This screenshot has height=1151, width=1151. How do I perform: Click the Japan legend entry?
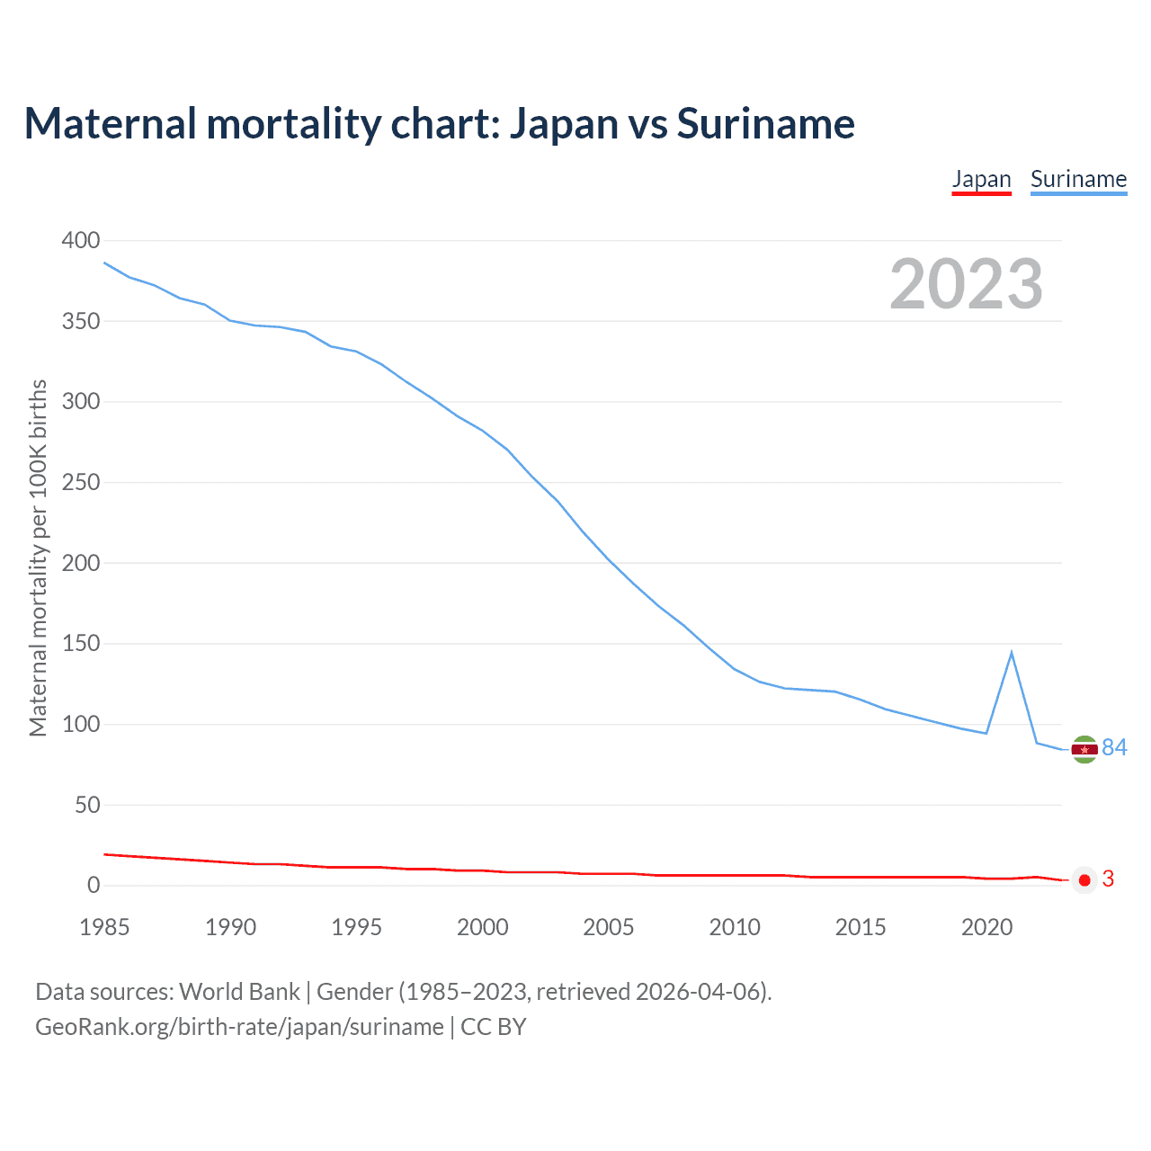981,180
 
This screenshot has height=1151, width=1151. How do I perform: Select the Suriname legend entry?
1078,180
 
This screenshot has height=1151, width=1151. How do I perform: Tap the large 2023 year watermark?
966,284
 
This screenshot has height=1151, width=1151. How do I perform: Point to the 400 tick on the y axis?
81,240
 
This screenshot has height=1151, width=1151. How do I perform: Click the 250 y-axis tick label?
81,482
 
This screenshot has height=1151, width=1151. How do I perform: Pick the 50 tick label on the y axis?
87,805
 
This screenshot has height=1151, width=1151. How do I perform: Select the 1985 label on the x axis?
104,927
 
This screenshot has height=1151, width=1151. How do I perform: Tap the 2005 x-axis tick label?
609,927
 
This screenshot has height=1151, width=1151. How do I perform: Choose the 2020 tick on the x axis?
986,927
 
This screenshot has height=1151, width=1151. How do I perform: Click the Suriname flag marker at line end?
1084,749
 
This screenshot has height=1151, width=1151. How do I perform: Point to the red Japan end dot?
1084,880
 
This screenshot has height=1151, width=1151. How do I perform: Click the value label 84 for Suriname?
1114,747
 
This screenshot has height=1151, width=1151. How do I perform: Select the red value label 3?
1108,879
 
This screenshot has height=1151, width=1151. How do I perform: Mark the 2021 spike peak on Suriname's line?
1012,652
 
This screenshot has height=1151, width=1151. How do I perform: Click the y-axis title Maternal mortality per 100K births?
38,558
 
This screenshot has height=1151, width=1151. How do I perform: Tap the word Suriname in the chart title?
765,123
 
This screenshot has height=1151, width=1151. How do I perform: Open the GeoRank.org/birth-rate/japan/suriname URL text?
239,1027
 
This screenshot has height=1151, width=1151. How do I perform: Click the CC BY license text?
493,1027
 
